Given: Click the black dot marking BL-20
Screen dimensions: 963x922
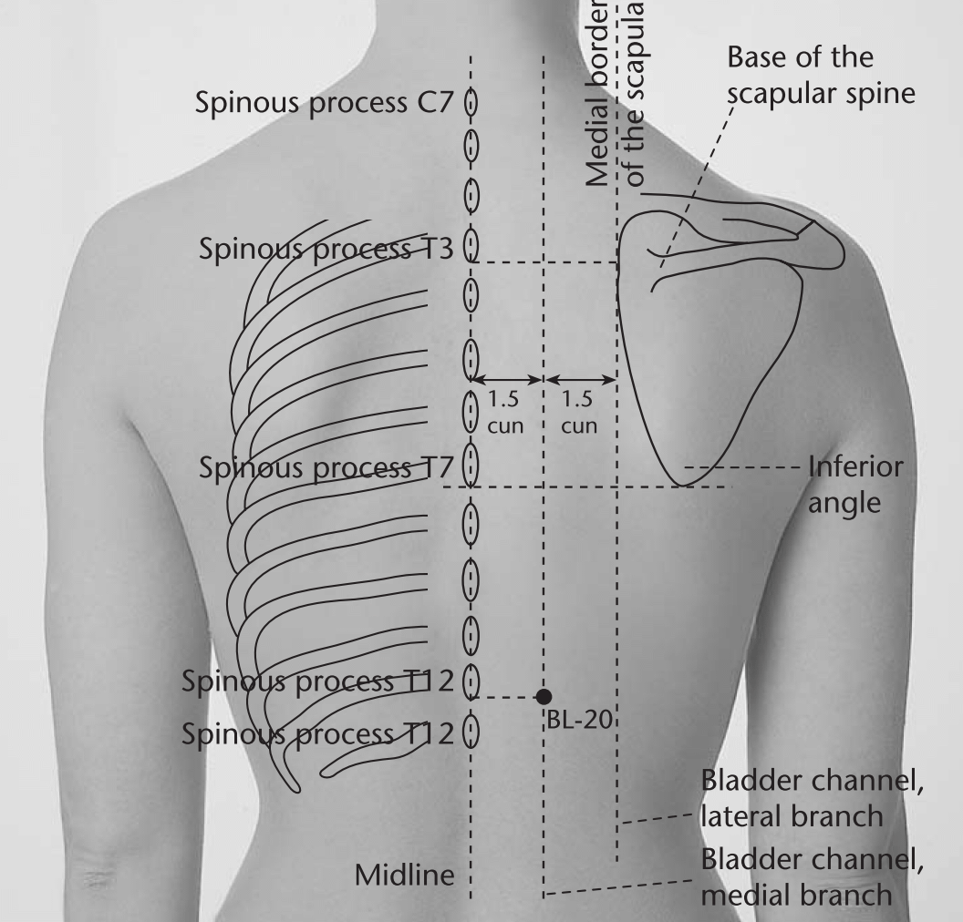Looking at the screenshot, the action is (544, 696).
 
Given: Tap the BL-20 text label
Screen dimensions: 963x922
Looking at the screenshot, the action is (579, 720).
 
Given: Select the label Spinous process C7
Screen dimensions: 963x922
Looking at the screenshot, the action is (325, 103).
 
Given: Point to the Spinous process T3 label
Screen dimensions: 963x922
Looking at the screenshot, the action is (326, 249).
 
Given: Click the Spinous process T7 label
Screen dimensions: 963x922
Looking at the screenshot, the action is (326, 468).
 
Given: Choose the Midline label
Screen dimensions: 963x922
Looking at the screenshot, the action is (405, 876).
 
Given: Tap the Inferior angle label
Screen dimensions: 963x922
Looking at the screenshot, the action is (854, 485).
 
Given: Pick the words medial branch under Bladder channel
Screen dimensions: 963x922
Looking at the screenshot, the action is (796, 895).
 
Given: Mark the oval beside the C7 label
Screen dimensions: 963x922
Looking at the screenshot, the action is (471, 102).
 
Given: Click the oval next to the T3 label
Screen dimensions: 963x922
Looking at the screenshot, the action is (471, 245).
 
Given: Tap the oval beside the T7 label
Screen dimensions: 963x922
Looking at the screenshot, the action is (471, 465).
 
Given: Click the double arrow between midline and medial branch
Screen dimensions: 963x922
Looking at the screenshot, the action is (508, 380).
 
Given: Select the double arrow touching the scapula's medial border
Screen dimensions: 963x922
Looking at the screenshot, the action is (580, 380).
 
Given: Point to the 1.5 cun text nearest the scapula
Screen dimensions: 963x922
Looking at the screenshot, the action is (578, 412).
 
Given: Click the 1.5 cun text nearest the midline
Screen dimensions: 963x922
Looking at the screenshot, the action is (505, 412).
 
